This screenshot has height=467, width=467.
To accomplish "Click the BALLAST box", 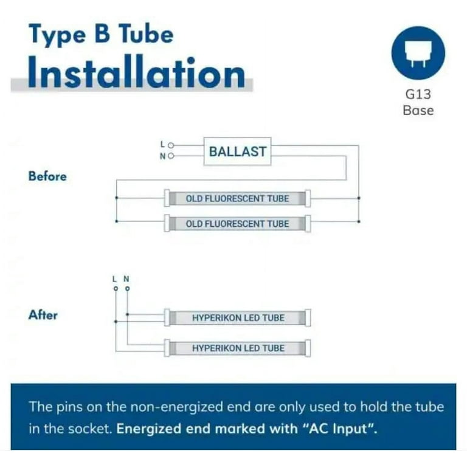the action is (x=237, y=151).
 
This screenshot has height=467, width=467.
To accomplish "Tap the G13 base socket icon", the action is (x=418, y=54).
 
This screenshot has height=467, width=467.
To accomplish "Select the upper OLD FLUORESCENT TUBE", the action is (x=237, y=198).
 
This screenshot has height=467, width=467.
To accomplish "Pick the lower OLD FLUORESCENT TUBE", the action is (x=237, y=223).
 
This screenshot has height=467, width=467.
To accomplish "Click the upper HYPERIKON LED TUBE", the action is (x=237, y=317).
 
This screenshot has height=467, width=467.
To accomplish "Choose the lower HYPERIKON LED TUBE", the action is (x=237, y=348).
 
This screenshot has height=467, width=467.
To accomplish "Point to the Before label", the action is (x=47, y=176).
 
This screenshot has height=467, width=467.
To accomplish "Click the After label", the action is (x=43, y=315).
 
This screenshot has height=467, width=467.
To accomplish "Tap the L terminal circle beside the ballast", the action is (x=171, y=145).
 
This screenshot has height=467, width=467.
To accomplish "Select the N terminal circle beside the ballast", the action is (x=171, y=156).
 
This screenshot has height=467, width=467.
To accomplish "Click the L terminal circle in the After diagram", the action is (x=116, y=289).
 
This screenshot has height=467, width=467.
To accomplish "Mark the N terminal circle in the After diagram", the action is (x=128, y=289).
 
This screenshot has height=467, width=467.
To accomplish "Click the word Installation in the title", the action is (x=136, y=72).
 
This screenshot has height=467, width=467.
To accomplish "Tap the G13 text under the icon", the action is (x=418, y=94).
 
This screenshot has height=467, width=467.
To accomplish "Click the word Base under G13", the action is (x=418, y=111).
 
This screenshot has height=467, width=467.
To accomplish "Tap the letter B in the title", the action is (x=102, y=34).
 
